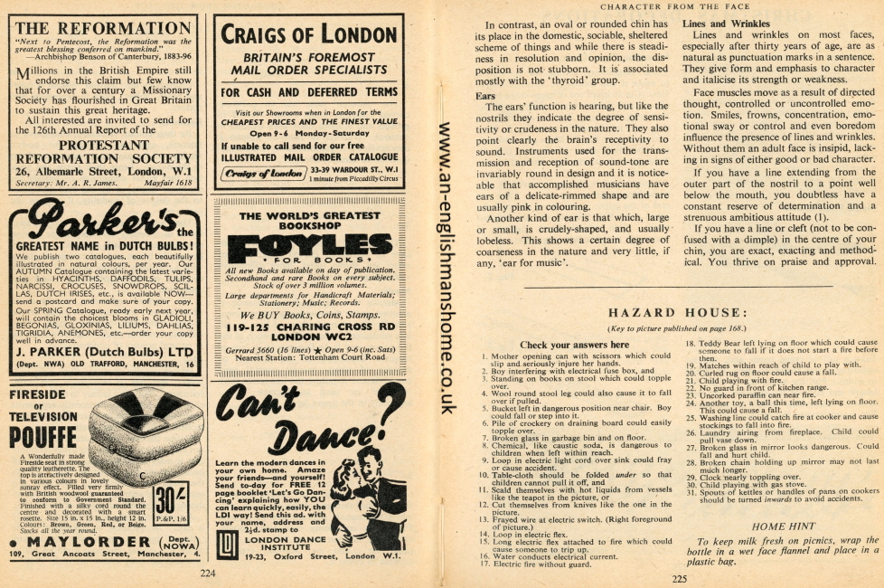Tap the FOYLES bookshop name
[x=307, y=245]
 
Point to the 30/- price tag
[x=166, y=499]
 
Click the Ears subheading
[x=484, y=95]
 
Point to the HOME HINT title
[x=782, y=526]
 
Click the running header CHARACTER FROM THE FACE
[x=674, y=8]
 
